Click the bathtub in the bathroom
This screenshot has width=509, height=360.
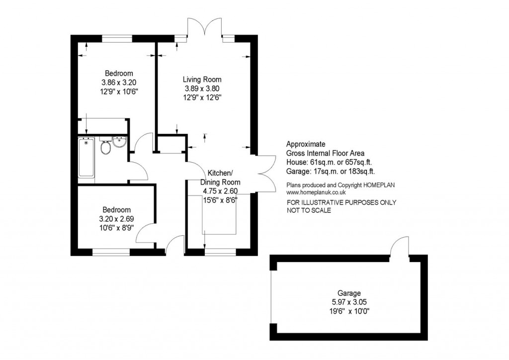click(x=86, y=158)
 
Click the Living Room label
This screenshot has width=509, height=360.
click(x=202, y=80)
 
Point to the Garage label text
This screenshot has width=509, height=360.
click(x=348, y=293)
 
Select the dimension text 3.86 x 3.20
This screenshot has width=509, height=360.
click(x=115, y=83)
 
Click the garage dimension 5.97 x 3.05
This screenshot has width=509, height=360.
click(x=348, y=302)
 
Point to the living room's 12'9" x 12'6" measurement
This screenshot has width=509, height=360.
click(x=202, y=97)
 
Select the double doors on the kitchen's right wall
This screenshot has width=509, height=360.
click(x=267, y=173)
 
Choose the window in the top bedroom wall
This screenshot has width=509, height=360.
click(x=117, y=38)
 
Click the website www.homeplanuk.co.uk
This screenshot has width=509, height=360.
click(x=316, y=192)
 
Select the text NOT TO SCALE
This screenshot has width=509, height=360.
click(x=309, y=210)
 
